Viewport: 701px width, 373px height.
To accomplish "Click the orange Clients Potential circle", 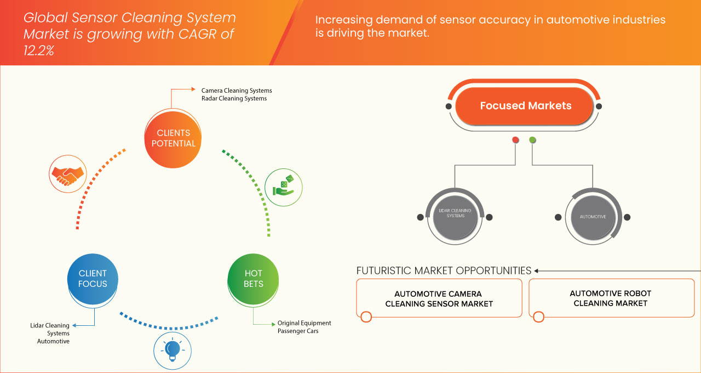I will point(173,138).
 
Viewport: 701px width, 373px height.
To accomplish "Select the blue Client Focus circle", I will point(93,279).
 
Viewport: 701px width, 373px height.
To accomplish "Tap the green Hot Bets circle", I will point(253,279).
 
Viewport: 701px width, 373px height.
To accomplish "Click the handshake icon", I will point(67,174).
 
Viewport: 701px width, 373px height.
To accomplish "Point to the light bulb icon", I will point(173,350).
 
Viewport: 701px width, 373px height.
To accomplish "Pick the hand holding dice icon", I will point(283,187).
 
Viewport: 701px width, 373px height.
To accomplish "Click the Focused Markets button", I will point(525,106).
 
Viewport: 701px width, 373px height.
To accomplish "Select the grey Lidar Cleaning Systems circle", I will point(455,216).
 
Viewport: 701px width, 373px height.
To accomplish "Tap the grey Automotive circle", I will point(593,217).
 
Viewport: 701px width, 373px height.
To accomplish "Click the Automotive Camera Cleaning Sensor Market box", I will point(439,298).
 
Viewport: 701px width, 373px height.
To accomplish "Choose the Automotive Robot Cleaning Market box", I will point(611,298).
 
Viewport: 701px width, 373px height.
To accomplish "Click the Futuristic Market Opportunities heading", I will point(444,270).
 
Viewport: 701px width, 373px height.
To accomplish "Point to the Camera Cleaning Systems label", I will point(237,91).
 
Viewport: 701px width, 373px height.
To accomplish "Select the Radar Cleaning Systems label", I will point(234,99).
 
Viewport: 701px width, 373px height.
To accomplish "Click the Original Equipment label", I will point(304,323).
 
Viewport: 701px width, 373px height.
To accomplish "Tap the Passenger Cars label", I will point(297,331).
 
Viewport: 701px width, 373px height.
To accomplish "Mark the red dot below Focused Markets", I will point(515,140).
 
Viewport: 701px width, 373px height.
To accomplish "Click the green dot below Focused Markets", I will point(532,140).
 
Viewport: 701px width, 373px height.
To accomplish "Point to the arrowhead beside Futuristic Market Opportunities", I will point(537,270).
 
